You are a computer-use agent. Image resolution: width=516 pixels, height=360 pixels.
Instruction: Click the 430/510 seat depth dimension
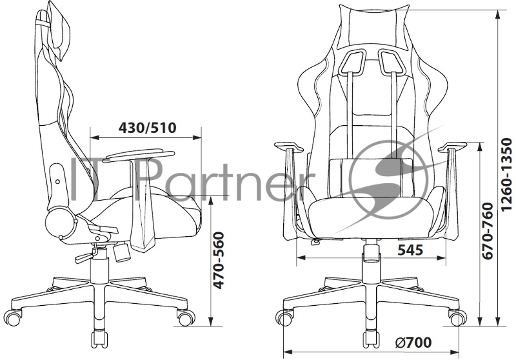click(x=148, y=128)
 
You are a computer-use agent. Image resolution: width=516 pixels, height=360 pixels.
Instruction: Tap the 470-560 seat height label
click(x=219, y=260)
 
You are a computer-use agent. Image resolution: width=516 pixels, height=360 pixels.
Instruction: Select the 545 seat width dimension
click(x=410, y=250)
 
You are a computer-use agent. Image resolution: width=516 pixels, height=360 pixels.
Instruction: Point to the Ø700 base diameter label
click(x=413, y=343)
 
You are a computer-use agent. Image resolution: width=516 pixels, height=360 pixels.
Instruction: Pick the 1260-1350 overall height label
click(x=506, y=174)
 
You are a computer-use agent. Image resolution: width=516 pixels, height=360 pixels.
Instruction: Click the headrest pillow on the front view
click(x=373, y=24)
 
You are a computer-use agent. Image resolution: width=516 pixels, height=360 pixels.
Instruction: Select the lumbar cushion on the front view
click(x=371, y=177)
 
